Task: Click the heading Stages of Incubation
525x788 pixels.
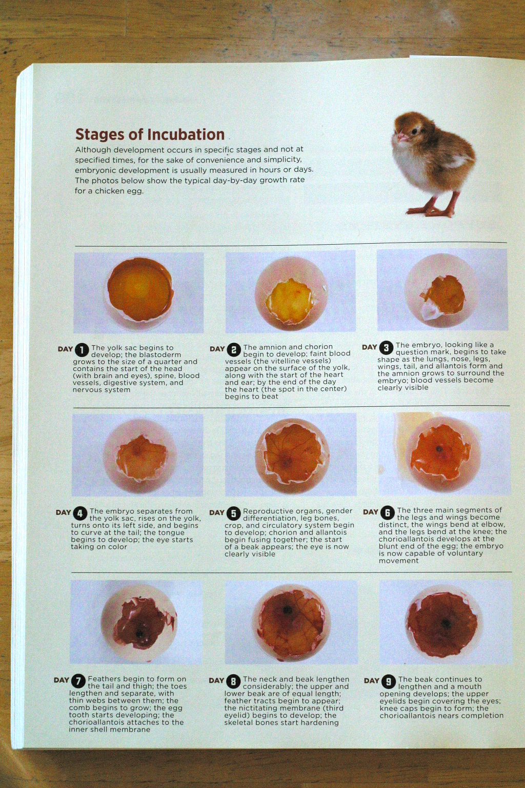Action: (150, 134)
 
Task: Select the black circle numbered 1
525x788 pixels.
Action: (82, 350)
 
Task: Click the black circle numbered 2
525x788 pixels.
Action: (233, 350)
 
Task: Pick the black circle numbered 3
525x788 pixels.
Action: (386, 347)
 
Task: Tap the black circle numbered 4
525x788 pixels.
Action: (80, 514)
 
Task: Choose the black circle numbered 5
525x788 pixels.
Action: (233, 513)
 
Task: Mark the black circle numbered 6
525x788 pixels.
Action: (388, 513)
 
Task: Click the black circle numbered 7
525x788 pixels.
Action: (78, 681)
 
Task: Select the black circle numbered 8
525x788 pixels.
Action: (233, 681)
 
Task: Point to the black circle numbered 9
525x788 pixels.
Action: (389, 682)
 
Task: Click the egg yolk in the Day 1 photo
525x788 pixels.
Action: (140, 290)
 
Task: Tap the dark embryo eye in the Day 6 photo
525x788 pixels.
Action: (439, 449)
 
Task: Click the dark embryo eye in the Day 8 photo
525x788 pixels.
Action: (288, 609)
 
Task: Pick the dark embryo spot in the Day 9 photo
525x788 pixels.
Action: (446, 623)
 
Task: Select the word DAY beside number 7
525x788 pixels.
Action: (61, 680)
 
